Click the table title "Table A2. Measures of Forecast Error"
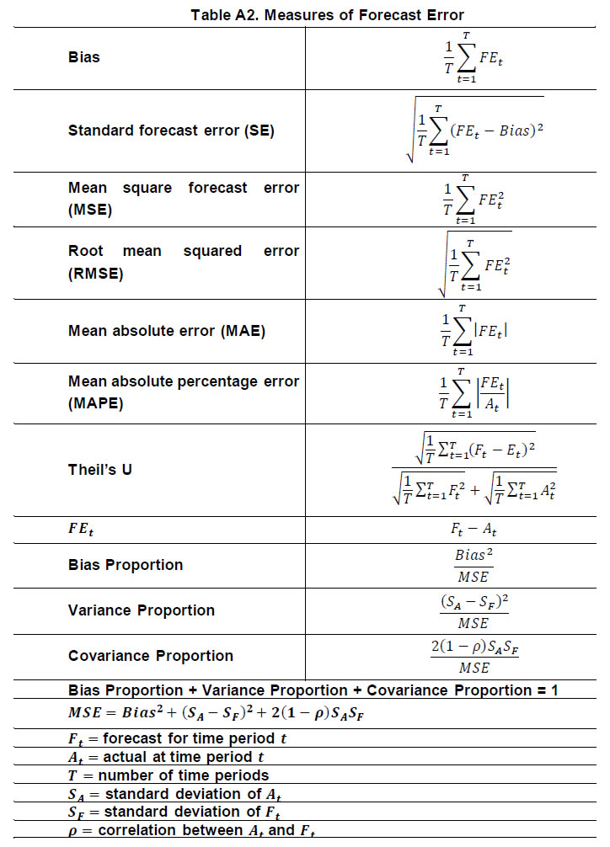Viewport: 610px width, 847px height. (x=328, y=14)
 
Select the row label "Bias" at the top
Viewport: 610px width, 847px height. (x=83, y=57)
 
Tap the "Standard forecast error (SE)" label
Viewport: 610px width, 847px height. (x=171, y=131)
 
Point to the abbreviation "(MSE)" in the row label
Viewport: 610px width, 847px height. (x=90, y=209)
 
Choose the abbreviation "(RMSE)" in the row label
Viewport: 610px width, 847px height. (x=95, y=274)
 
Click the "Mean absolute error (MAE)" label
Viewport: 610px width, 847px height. (x=167, y=331)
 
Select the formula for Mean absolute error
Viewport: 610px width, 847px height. (x=474, y=331)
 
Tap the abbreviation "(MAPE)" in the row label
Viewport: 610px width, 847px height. (x=95, y=403)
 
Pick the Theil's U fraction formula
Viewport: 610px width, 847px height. (x=474, y=469)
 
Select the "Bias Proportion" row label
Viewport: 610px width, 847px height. (x=126, y=564)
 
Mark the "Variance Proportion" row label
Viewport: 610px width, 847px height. (x=141, y=610)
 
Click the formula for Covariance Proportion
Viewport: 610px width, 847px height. (x=473, y=656)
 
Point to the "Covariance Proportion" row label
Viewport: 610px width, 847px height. (x=150, y=656)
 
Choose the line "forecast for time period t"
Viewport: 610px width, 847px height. (x=184, y=738)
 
